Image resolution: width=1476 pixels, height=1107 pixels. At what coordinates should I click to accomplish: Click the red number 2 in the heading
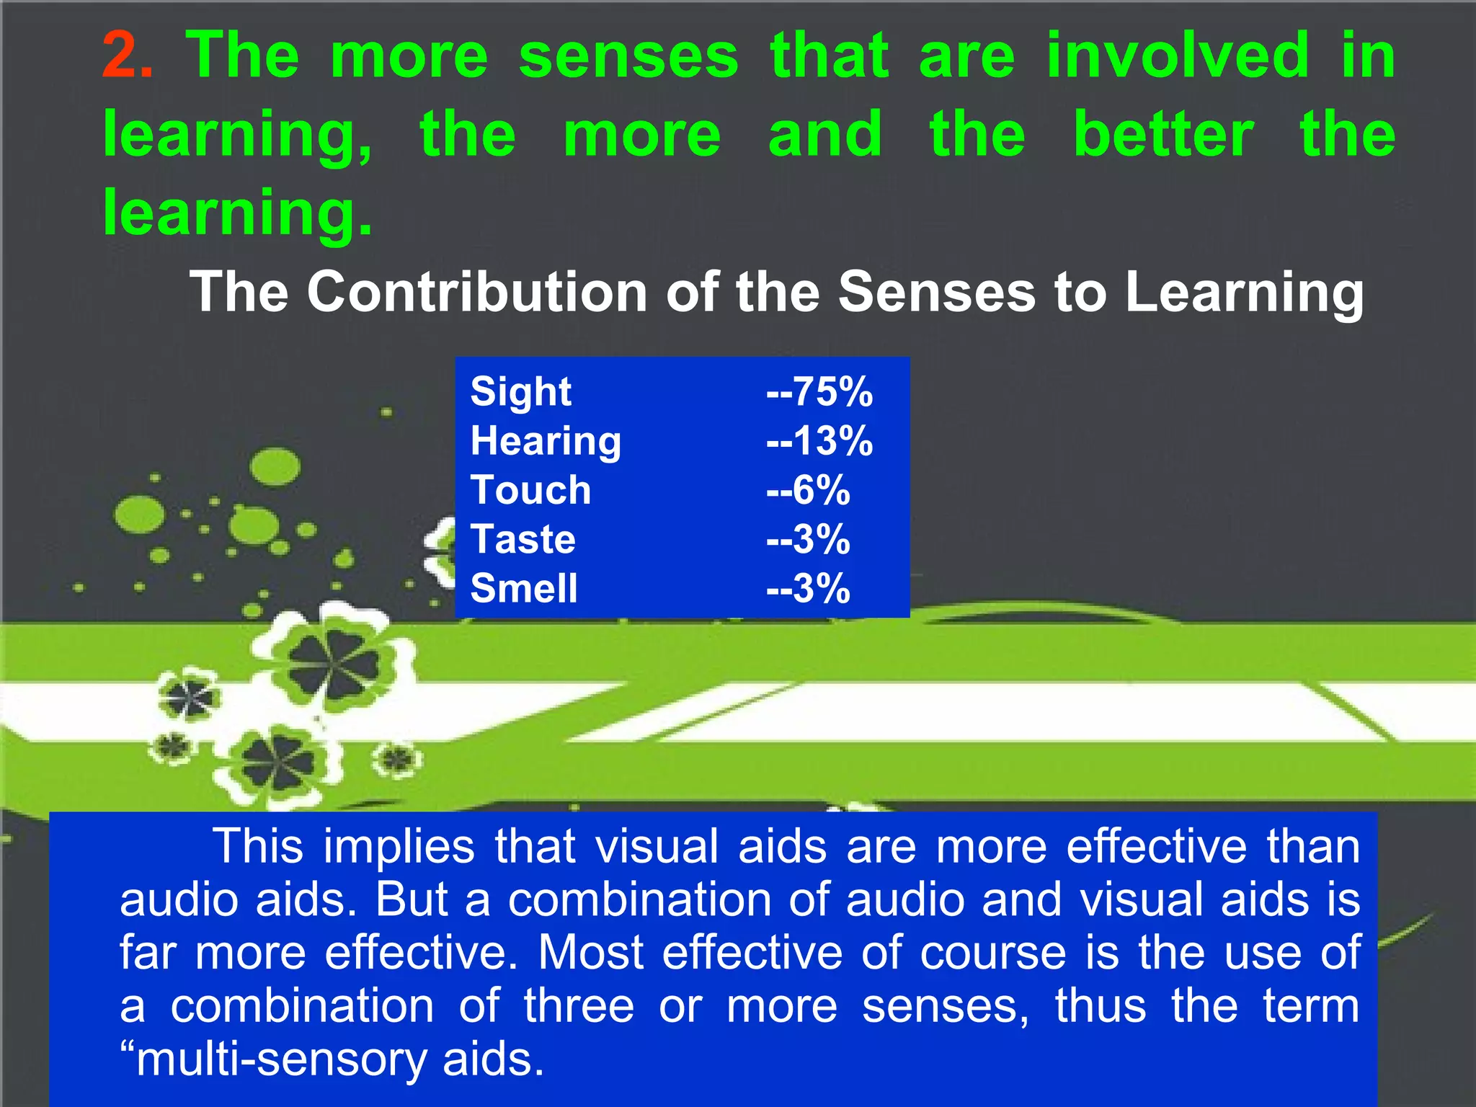[x=126, y=56]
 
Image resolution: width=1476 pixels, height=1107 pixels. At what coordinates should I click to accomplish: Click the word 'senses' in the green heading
[x=628, y=56]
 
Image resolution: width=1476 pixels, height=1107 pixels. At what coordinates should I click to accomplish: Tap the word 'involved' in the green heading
[x=1178, y=56]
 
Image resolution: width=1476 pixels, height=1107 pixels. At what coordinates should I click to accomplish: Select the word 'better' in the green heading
[x=1163, y=135]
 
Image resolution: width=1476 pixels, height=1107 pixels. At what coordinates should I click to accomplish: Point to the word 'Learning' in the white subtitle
[x=1244, y=292]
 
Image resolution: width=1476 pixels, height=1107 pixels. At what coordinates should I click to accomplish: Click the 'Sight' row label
[x=520, y=392]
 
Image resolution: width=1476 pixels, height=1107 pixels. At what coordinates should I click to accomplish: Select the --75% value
[x=819, y=392]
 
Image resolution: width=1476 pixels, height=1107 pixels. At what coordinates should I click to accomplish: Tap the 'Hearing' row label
[x=546, y=441]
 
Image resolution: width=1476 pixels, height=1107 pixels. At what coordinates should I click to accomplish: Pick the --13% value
[x=819, y=441]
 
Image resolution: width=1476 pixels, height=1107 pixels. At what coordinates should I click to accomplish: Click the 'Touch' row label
[x=530, y=490]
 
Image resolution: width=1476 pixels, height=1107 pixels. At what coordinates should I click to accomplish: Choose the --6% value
[x=808, y=490]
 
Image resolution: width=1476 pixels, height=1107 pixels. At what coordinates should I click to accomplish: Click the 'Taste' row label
[x=523, y=539]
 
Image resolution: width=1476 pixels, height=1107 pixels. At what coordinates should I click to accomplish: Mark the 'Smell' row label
[x=524, y=588]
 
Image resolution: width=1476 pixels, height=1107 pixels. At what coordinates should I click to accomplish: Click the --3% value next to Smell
[x=808, y=588]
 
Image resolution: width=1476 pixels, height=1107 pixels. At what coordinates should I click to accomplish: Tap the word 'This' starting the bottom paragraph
[x=257, y=846]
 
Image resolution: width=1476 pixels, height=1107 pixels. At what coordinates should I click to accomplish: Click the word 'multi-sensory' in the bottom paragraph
[x=281, y=1059]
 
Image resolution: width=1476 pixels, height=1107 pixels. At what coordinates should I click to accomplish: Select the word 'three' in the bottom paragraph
[x=579, y=1006]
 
